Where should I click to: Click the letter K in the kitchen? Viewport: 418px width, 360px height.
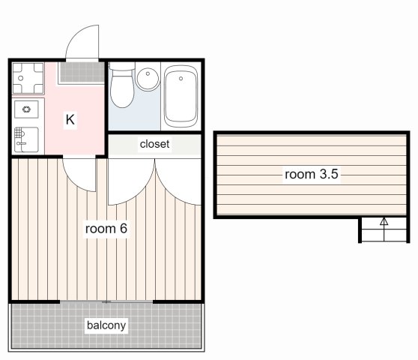[x=70, y=119]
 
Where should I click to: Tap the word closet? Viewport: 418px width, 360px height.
[x=154, y=144]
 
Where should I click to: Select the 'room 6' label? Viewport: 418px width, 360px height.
[x=105, y=228]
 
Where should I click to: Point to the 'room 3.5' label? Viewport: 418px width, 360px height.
[x=312, y=175]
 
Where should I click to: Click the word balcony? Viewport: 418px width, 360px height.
[x=106, y=325]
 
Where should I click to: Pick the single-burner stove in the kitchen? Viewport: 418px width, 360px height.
[x=28, y=109]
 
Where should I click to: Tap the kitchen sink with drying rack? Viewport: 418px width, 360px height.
[x=28, y=136]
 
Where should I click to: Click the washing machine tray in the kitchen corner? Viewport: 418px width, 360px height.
[x=28, y=76]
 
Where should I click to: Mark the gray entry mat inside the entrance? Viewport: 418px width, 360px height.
[x=82, y=72]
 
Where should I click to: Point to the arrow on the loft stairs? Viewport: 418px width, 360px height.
[x=384, y=222]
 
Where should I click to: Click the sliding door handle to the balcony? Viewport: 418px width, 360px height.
[x=106, y=301]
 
